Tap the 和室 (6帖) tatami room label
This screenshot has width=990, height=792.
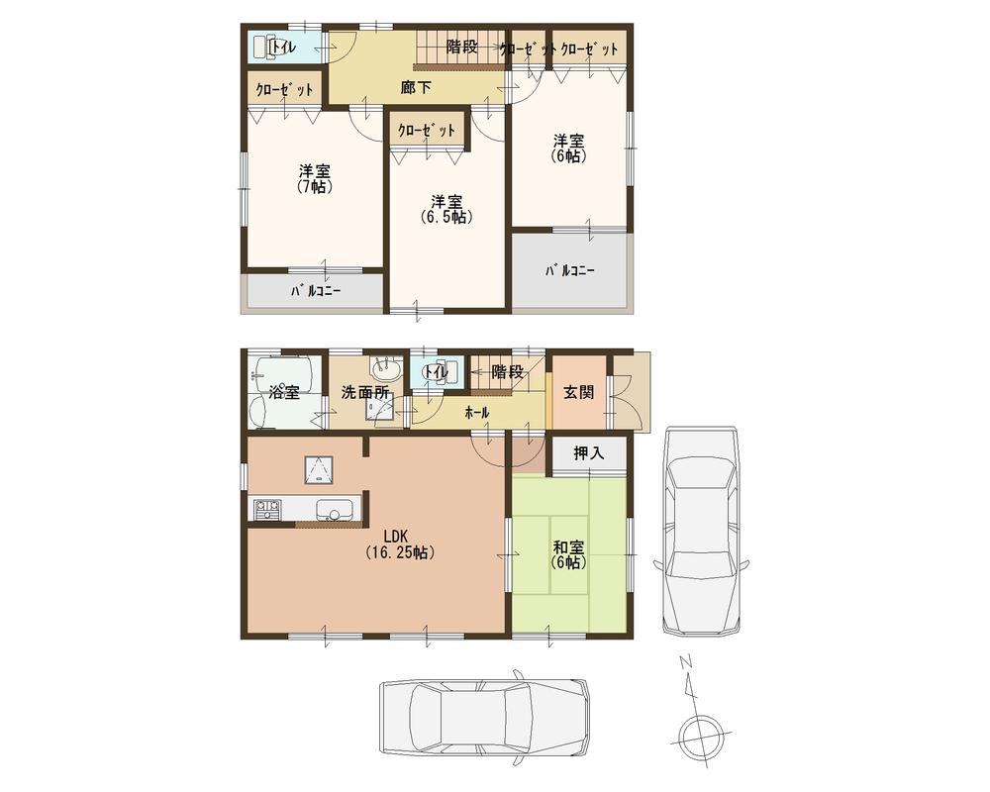tap(569, 552)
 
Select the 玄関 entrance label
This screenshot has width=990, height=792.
tap(579, 391)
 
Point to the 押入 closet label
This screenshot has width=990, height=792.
tap(589, 454)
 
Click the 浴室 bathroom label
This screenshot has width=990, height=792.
tap(284, 392)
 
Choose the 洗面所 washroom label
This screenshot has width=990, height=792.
tap(365, 392)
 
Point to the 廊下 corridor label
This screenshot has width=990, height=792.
tap(416, 87)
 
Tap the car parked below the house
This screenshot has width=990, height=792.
tap(483, 716)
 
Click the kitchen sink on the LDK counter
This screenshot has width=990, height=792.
tap(333, 511)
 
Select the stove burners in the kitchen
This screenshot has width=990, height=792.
tap(266, 510)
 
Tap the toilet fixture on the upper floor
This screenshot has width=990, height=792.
tap(264, 47)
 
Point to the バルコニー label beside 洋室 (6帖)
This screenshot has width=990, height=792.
tap(570, 270)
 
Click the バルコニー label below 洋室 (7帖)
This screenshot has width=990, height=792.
tap(316, 292)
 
